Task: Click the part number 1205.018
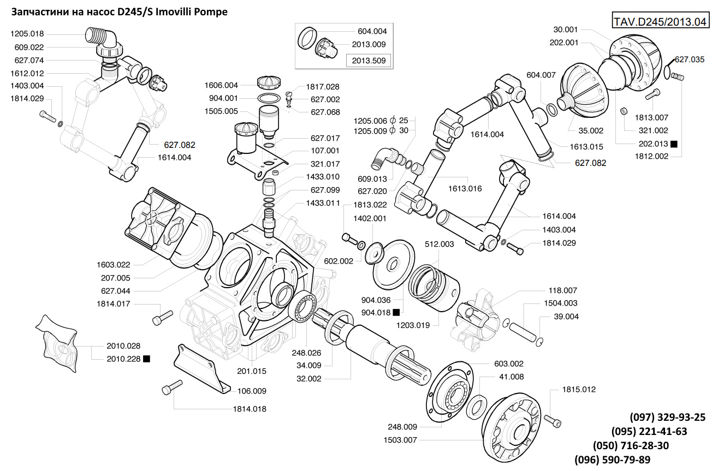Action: [27, 34]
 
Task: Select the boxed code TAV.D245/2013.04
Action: [660, 22]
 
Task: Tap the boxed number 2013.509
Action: [369, 61]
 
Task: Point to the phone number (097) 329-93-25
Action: [667, 418]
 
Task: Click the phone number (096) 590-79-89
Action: [612, 459]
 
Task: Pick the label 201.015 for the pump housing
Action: [252, 371]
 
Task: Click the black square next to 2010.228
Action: [146, 359]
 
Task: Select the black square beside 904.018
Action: [396, 312]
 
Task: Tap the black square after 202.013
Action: [674, 144]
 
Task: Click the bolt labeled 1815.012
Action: [553, 420]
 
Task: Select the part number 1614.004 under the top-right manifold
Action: [487, 134]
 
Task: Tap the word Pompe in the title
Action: [211, 11]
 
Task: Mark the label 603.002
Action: [508, 363]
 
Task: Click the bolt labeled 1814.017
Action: [163, 317]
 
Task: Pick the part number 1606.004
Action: [221, 85]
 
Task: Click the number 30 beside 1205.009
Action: [404, 130]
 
